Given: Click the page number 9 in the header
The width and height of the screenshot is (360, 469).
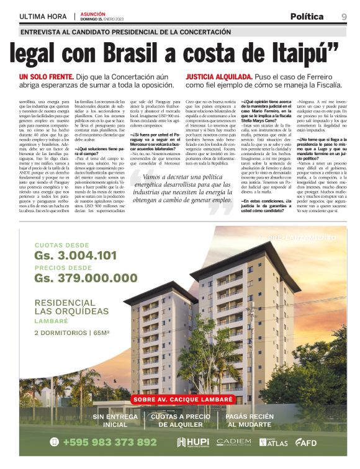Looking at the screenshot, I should click(x=343, y=17).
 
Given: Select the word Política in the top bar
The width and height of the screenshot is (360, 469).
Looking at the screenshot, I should click(x=307, y=17).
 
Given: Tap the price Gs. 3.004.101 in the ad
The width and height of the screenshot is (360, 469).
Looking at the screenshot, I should click(x=75, y=256).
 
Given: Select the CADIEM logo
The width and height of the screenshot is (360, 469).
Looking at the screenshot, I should click(x=234, y=442).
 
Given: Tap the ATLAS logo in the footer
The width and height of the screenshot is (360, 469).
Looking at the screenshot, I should click(x=273, y=442).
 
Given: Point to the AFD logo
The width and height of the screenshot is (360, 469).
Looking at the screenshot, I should click(x=306, y=442).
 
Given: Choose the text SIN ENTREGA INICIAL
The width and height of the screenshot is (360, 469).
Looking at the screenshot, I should click(x=115, y=421).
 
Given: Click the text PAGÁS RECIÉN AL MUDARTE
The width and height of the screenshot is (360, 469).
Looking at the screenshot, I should click(x=250, y=421).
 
